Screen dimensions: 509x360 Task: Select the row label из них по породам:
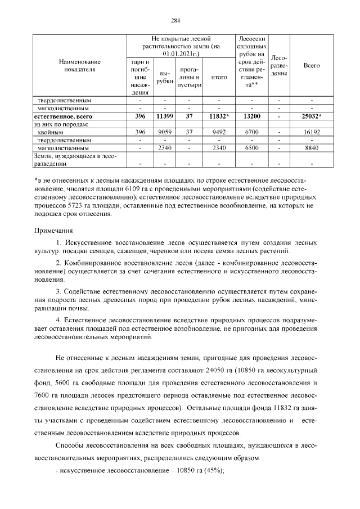click(x=62, y=124)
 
